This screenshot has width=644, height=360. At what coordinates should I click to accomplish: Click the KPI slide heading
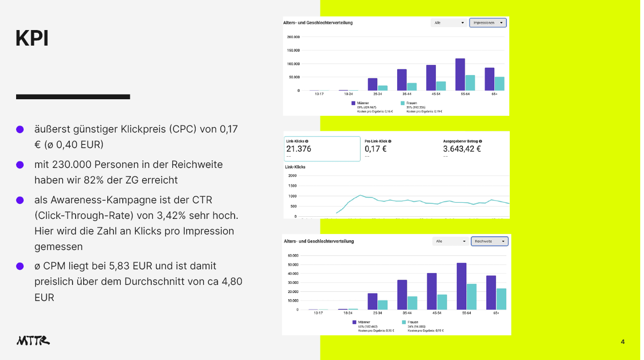coord(32,39)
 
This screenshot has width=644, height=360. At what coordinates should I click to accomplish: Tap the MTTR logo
coord(33,340)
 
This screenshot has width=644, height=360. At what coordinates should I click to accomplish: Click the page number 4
coord(623,342)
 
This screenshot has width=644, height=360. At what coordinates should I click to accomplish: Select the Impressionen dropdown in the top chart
coord(487,23)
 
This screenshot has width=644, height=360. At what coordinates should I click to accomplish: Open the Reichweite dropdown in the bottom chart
coord(489,241)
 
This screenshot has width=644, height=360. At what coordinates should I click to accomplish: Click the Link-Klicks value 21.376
coord(299,149)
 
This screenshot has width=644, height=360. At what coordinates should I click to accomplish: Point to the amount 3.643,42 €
coord(462,149)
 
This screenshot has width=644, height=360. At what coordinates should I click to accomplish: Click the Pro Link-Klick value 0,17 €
coord(376,149)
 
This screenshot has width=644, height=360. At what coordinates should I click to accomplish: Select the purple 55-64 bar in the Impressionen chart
coord(460,75)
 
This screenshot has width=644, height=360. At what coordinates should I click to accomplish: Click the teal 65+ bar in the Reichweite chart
coord(501,299)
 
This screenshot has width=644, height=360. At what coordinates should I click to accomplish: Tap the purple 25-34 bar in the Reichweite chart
coord(372,302)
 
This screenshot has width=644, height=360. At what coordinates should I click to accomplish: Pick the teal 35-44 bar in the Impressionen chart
coord(412,87)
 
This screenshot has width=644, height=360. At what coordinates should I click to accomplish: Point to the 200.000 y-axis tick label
coord(293,37)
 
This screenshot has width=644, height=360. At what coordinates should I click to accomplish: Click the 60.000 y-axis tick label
coord(293,255)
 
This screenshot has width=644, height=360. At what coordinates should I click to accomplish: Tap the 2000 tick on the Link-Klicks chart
coord(292,175)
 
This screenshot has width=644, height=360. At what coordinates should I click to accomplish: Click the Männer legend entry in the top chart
coord(361,102)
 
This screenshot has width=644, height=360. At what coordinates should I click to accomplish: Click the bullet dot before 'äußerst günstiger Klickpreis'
coord(20,129)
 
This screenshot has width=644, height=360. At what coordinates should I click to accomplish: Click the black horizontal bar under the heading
coord(73,97)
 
